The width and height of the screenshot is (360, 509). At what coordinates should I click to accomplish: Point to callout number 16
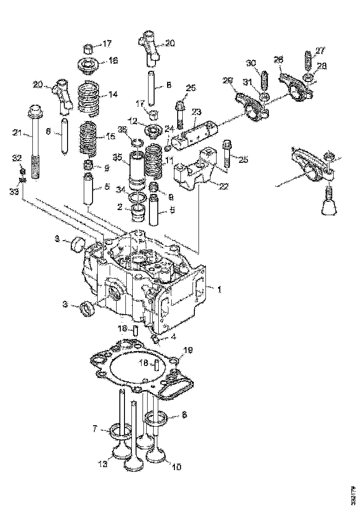[x=113, y=61]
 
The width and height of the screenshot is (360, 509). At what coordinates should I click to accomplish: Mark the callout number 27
[x=320, y=51]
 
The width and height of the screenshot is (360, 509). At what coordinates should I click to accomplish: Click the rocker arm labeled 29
[x=251, y=105]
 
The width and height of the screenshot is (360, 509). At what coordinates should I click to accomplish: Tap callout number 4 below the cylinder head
[x=174, y=337]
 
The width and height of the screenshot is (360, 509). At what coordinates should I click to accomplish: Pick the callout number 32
[x=17, y=158]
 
